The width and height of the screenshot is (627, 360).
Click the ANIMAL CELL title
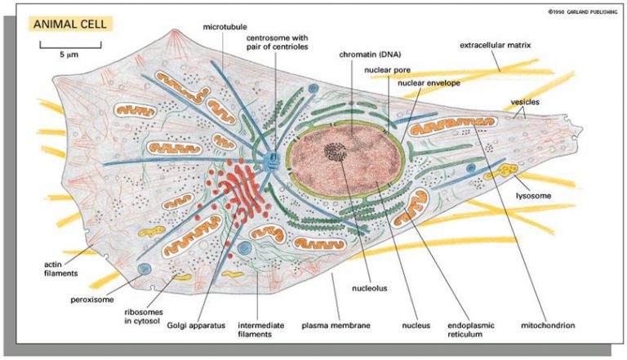70,24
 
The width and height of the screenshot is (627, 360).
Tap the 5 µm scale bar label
69,55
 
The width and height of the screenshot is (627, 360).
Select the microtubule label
225,27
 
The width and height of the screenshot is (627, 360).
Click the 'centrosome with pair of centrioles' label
277,42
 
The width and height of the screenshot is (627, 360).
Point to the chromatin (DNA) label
370,55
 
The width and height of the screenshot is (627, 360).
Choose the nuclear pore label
387,70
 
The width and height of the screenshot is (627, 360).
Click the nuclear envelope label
429,83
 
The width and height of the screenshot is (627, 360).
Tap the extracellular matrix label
495,45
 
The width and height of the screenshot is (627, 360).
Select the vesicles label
525,102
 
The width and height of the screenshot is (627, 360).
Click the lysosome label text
533,196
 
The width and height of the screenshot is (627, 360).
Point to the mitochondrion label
548,326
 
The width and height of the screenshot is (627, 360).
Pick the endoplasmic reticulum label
470,330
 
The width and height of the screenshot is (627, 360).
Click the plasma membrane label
336,326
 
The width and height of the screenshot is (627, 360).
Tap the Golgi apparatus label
196,326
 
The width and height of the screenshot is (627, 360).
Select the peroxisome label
92,300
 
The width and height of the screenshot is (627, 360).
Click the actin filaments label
60,269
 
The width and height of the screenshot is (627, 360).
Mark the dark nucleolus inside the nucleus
335,151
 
